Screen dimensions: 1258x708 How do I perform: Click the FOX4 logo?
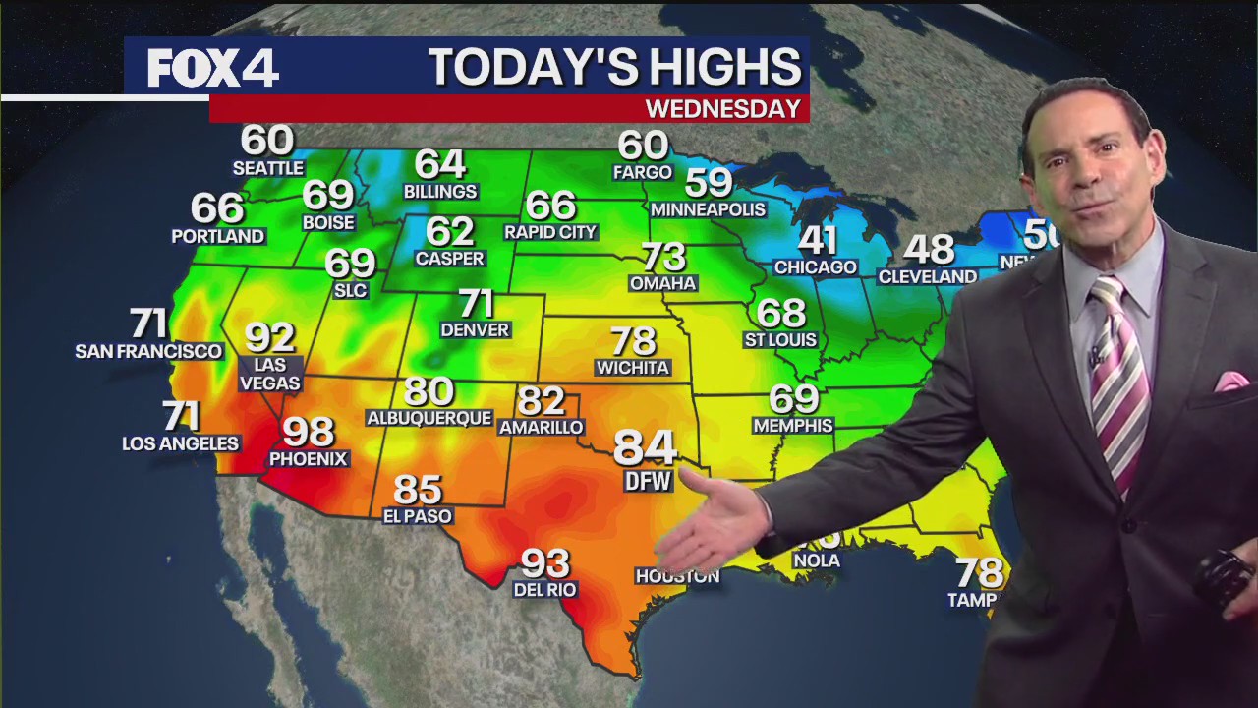[213, 68]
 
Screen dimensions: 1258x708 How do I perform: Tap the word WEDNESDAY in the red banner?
[722, 108]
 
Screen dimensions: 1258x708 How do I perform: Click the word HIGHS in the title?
[715, 67]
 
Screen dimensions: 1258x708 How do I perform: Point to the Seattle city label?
[267, 168]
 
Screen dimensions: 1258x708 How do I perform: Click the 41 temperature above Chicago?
[817, 240]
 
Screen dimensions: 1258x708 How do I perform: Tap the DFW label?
[648, 481]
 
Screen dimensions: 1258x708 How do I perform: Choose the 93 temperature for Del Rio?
[544, 563]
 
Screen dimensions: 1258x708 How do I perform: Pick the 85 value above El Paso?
[418, 490]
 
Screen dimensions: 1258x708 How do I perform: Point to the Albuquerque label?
[429, 418]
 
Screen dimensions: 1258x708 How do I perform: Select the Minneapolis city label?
[708, 209]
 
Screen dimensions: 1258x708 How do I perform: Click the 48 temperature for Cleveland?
[929, 250]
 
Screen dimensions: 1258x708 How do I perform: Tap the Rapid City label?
[550, 232]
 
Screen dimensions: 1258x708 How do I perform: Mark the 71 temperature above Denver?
[476, 303]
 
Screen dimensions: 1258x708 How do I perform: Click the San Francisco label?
[148, 351]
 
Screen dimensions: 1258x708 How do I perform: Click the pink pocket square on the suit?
[1229, 382]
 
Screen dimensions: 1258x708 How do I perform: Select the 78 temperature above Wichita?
[633, 341]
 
